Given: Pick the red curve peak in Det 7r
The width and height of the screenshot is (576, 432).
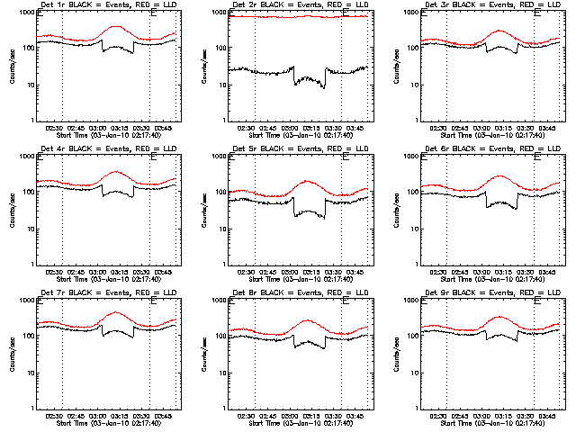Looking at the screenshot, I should pyautogui.click(x=116, y=312).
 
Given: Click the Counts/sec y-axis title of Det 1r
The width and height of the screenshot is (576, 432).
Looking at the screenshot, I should pyautogui.click(x=12, y=67).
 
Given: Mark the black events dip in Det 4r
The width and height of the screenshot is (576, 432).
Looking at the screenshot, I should pyautogui.click(x=116, y=192).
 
